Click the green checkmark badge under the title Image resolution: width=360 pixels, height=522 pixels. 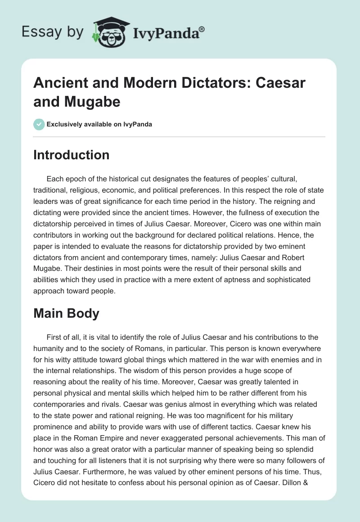[x=39, y=124]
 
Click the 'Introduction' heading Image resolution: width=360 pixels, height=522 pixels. [x=72, y=155]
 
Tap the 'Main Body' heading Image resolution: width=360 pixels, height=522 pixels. [x=67, y=313]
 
